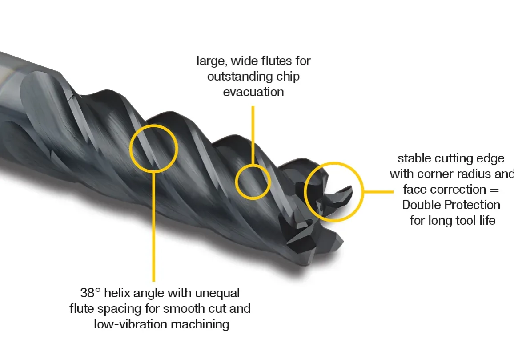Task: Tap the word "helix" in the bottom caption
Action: coord(121,293)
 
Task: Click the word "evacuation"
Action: coord(253,92)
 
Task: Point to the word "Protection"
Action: coord(475,205)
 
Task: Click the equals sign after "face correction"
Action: coord(494,190)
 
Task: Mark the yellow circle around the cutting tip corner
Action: coord(333,192)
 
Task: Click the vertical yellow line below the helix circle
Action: coord(154,227)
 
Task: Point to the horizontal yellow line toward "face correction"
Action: coord(378,192)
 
